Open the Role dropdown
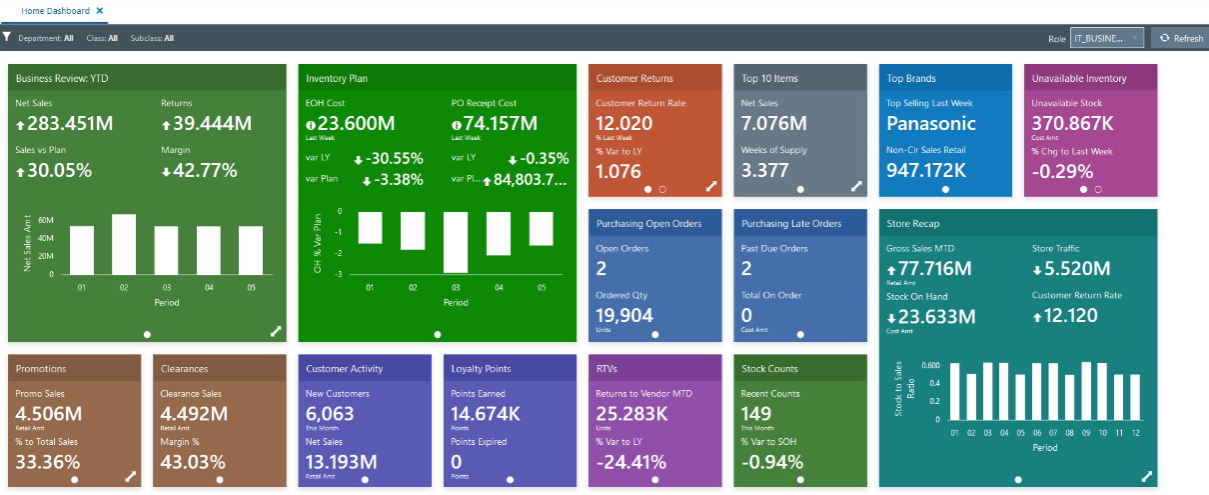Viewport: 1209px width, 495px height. click(1106, 38)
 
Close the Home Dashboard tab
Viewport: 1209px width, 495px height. click(100, 9)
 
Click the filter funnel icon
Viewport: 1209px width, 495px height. click(8, 38)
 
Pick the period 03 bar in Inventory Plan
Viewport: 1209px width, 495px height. click(456, 242)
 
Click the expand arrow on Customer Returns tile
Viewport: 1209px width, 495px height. click(711, 186)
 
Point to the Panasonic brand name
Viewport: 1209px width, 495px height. click(931, 124)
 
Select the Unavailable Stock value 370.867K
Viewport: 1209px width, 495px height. click(1073, 124)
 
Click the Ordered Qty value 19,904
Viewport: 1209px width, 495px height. click(624, 315)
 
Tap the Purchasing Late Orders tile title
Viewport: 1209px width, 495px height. click(790, 223)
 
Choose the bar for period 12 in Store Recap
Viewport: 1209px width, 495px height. click(1134, 397)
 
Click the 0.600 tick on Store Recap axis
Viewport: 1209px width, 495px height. click(929, 366)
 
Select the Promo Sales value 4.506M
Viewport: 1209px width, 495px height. click(49, 414)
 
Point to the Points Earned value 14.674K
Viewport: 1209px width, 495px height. click(486, 414)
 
